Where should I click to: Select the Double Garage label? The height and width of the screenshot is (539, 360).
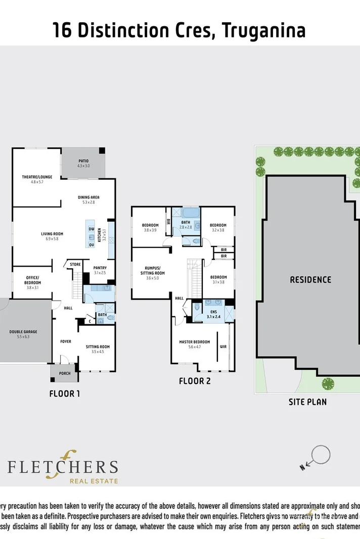pyautogui.click(x=23, y=334)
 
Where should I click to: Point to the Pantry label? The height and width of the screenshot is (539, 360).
pyautogui.click(x=100, y=270)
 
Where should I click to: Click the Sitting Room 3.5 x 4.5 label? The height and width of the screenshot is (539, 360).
pyautogui.click(x=98, y=349)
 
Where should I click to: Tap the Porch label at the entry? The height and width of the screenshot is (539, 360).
pyautogui.click(x=64, y=374)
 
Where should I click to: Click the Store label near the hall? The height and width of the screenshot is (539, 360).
pyautogui.click(x=75, y=264)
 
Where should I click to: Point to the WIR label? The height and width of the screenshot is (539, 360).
pyautogui.click(x=223, y=347)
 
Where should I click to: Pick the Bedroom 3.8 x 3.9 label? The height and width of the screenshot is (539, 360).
pyautogui.click(x=150, y=227)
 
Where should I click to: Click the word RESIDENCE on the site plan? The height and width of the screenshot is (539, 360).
pyautogui.click(x=310, y=279)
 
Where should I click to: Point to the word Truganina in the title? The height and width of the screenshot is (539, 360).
pyautogui.click(x=263, y=31)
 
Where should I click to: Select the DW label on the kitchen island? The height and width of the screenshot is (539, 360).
pyautogui.click(x=92, y=229)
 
